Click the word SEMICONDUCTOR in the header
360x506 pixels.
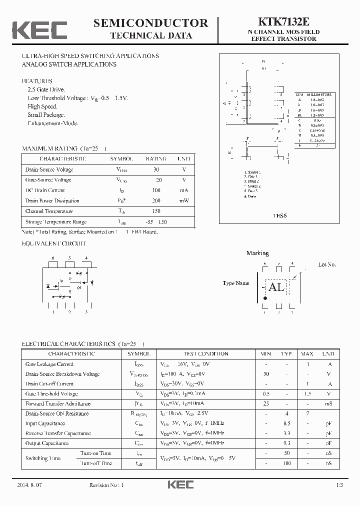150,23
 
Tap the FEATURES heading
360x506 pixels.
37,81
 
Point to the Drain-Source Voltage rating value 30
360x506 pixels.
156,169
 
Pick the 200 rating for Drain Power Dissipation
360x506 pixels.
156,200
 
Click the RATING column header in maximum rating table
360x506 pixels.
156,158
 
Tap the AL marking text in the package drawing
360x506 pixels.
276,287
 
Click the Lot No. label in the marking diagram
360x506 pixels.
327,264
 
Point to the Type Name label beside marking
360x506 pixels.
236,283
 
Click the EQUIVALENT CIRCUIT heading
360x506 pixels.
54,243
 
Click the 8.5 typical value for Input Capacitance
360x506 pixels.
286,423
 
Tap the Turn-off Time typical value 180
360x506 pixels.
286,463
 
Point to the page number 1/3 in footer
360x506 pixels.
339,485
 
